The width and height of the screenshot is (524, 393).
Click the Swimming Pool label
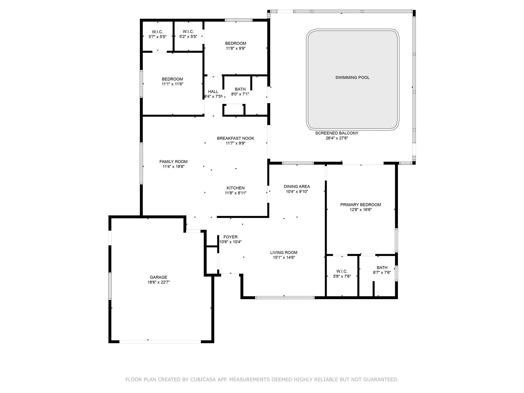tap(352, 78)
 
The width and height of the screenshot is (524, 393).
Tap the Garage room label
tap(159, 277)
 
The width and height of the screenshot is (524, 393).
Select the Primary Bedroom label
tap(361, 205)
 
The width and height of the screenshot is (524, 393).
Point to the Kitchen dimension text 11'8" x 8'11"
tap(236, 193)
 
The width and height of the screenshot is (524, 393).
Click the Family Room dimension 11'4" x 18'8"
tap(173, 167)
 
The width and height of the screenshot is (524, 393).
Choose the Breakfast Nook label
tap(236, 138)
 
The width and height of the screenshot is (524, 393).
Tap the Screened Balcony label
tap(337, 133)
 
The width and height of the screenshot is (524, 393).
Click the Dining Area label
tap(297, 187)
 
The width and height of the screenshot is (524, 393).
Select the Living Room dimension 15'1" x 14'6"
tap(284, 257)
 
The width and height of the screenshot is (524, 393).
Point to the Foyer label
tap(231, 237)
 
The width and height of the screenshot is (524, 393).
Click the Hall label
tap(213, 92)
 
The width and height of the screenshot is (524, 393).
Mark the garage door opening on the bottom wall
tap(160, 342)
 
